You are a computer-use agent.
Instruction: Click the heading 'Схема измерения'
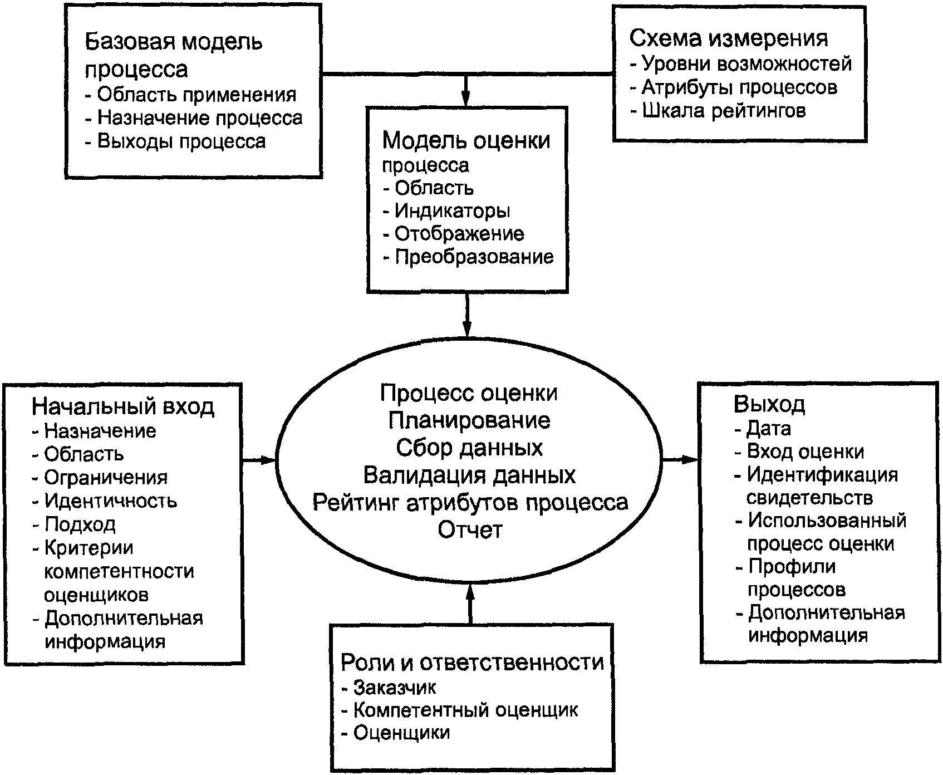729,38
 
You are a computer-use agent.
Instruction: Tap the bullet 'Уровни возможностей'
741,64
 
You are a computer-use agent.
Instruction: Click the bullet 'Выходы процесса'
175,141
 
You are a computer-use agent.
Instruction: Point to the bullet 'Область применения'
191,95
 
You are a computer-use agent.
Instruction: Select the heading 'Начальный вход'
123,406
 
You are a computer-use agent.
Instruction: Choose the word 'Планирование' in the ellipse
469,420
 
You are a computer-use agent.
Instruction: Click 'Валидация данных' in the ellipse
469,475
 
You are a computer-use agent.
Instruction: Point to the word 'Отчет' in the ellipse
470,529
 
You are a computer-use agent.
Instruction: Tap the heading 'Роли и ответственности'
472,663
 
